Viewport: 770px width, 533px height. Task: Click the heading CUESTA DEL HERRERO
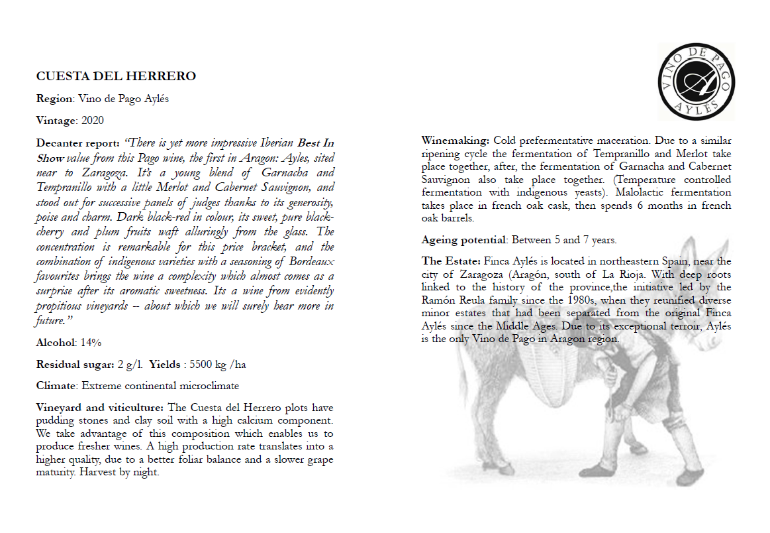click(116, 77)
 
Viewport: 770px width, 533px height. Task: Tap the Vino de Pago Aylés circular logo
click(695, 82)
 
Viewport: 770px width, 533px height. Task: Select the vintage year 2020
click(92, 121)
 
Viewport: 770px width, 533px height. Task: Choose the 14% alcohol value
click(91, 343)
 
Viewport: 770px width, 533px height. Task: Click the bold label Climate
click(56, 386)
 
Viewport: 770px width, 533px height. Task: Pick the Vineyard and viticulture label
click(101, 407)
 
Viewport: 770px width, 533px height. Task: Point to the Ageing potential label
click(463, 240)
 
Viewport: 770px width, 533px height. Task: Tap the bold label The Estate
click(451, 261)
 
